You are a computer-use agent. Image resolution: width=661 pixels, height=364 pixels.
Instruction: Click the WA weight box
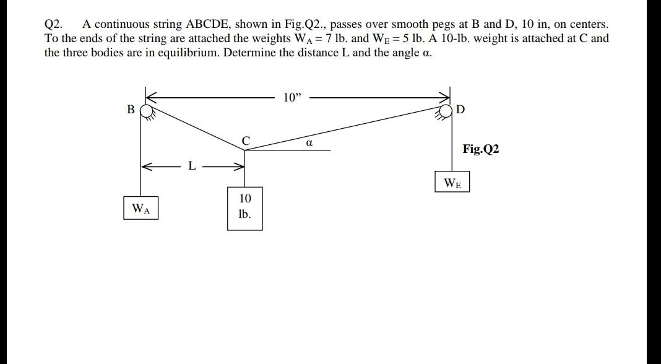(x=141, y=209)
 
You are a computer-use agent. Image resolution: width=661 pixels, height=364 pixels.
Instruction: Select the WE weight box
(x=452, y=183)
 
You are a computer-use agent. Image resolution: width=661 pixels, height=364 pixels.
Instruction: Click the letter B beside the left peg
(x=131, y=110)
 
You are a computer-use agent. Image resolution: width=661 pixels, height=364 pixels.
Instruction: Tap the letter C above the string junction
(x=245, y=141)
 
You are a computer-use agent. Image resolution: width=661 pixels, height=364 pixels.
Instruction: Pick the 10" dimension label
(x=291, y=97)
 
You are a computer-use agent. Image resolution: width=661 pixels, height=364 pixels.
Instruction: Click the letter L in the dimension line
(x=192, y=166)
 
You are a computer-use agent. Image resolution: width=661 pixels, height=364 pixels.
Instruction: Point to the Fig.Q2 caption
(x=481, y=149)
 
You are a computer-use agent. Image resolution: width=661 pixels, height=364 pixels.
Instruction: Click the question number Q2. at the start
(x=53, y=25)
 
